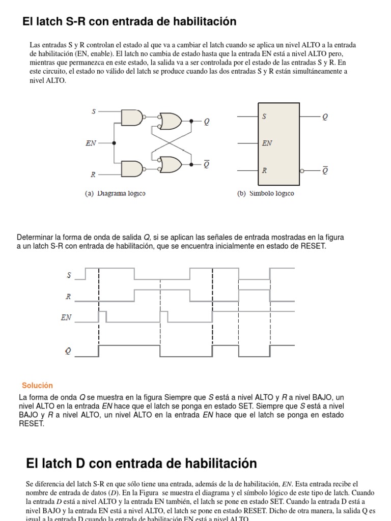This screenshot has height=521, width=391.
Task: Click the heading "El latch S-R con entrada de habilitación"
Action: pyautogui.click(x=129, y=21)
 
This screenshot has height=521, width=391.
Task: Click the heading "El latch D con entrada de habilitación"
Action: pyautogui.click(x=141, y=464)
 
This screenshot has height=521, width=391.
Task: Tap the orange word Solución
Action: pyautogui.click(x=37, y=386)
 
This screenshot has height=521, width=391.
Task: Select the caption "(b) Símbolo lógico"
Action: pyautogui.click(x=265, y=193)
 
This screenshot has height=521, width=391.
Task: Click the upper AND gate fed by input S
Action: pyautogui.click(x=132, y=118)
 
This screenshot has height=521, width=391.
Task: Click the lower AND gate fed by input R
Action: pyautogui.click(x=132, y=168)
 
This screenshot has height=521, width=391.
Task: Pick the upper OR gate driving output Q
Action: pyautogui.click(x=170, y=121)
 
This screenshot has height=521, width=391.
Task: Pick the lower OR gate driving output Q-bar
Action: pyautogui.click(x=170, y=164)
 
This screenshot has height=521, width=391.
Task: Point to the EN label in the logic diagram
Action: pyautogui.click(x=91, y=143)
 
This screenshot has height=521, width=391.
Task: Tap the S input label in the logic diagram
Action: pyautogui.click(x=94, y=110)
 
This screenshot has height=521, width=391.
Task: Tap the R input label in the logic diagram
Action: pyautogui.click(x=93, y=175)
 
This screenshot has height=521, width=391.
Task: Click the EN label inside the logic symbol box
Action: pyautogui.click(x=267, y=143)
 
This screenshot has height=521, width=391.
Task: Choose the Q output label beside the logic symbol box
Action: pyautogui.click(x=325, y=117)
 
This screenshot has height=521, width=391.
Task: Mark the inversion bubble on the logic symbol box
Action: pyautogui.click(x=302, y=171)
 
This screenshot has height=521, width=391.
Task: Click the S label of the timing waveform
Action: pyautogui.click(x=69, y=275)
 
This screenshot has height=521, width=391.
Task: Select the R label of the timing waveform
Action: pyautogui.click(x=69, y=296)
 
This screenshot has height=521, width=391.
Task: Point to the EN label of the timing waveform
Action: pyautogui.click(x=66, y=317)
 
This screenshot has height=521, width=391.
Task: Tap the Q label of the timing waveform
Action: pyautogui.click(x=68, y=351)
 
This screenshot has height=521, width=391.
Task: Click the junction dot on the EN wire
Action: pyautogui.click(x=114, y=143)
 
